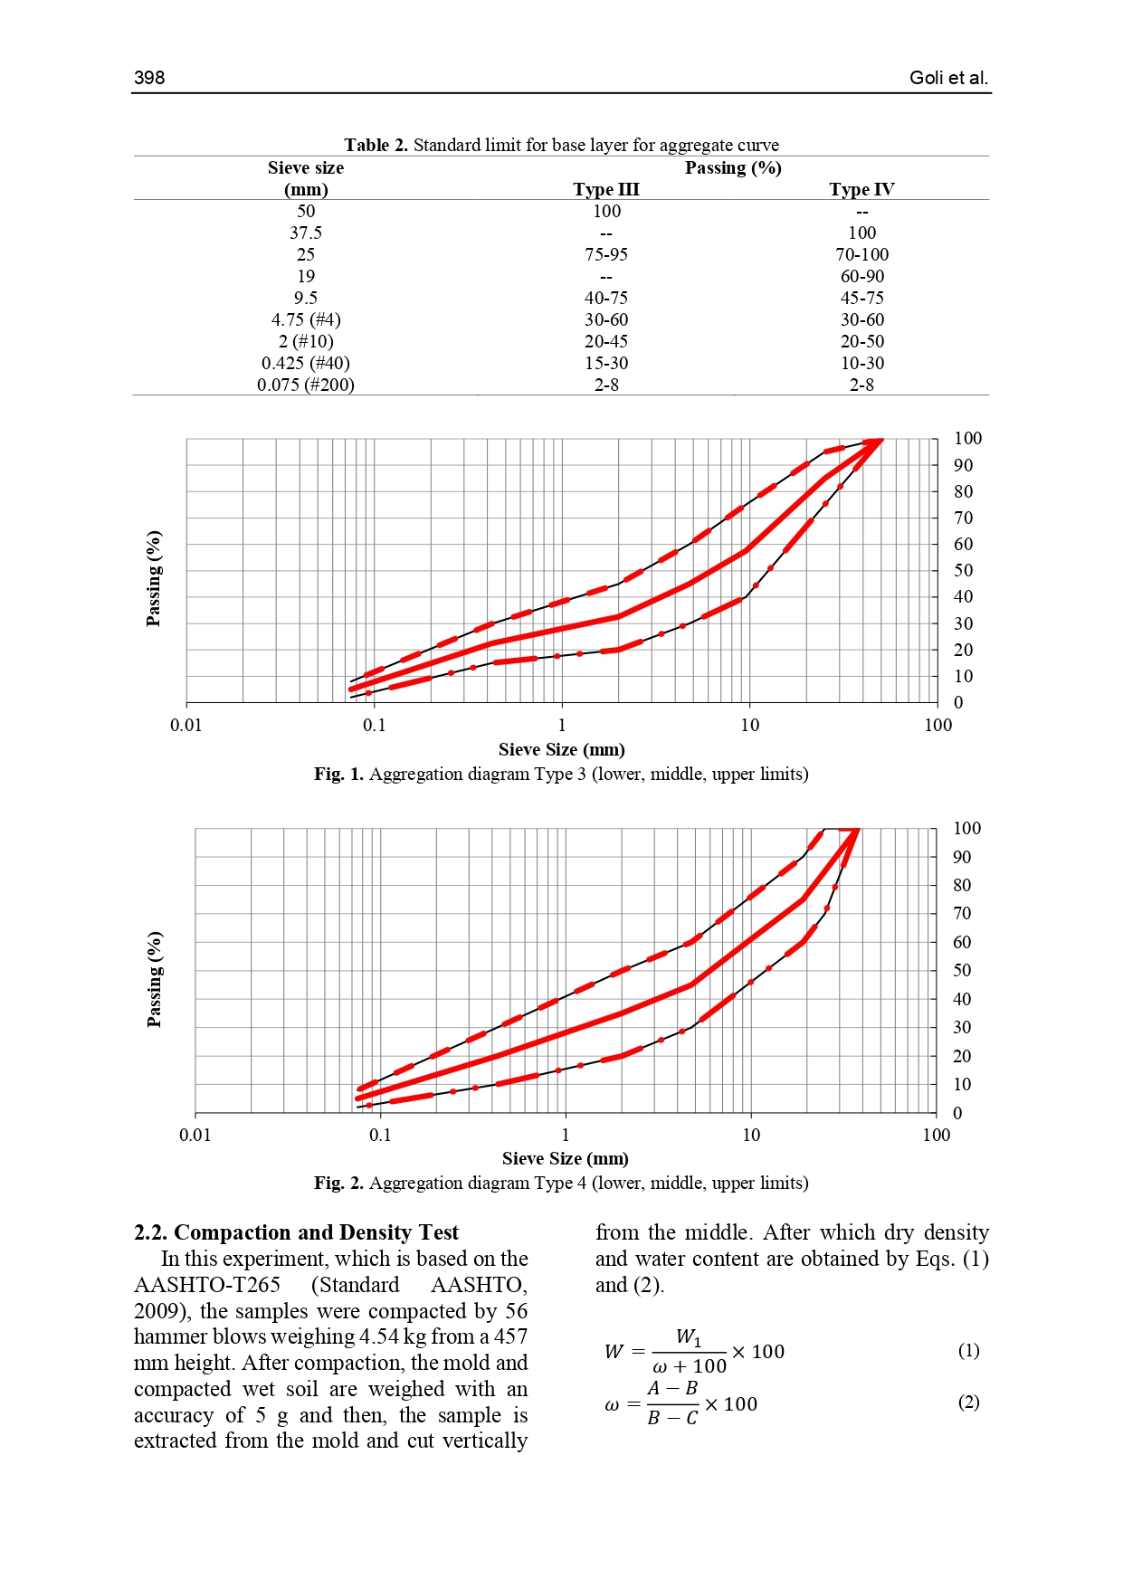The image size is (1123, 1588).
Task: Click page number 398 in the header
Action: coord(149,78)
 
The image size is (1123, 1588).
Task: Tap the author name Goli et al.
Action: coord(948,78)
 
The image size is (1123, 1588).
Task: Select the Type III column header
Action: coord(605,189)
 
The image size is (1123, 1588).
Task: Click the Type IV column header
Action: coord(861,189)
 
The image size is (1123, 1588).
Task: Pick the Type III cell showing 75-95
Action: coord(605,254)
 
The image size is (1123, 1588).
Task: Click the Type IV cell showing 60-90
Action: coord(861,276)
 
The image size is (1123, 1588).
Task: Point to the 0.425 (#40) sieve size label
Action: coord(306,363)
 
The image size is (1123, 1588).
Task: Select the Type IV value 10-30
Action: coord(861,363)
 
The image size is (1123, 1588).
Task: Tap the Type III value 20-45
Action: coord(605,341)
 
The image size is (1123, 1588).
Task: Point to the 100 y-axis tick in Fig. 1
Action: coord(967,439)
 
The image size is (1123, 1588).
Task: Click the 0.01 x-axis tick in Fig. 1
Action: coord(186,725)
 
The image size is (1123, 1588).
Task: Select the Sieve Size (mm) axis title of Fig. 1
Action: coord(561,749)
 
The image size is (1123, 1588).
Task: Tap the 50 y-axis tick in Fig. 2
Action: coord(962,970)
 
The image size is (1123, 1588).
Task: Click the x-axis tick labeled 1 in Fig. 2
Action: coord(566,1135)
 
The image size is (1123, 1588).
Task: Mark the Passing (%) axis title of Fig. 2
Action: coord(155,979)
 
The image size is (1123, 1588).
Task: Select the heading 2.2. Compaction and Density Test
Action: coord(296,1232)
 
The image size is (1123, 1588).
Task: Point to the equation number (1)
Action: coord(968,1350)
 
